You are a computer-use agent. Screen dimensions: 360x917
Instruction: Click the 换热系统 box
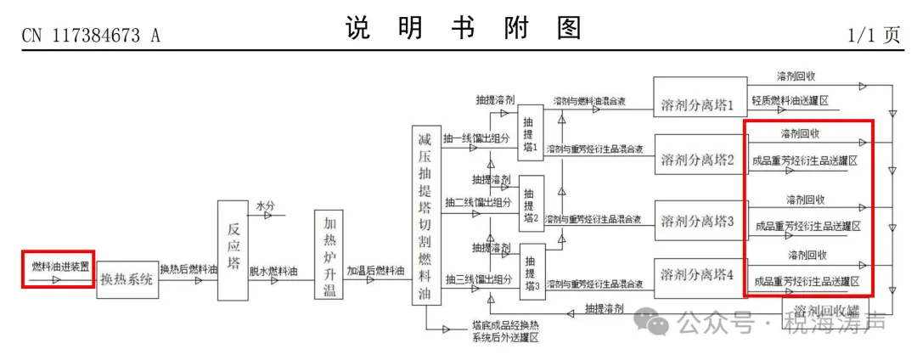(127, 279)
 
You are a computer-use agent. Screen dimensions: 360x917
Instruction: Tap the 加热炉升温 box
(329, 255)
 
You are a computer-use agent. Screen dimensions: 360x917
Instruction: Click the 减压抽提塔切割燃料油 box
(426, 217)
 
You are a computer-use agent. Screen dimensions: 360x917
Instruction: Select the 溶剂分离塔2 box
(698, 160)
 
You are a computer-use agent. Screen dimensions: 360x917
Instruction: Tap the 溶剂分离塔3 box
(698, 222)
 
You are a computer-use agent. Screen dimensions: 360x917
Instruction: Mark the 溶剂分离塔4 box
(698, 275)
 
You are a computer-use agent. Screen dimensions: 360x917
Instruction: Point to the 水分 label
(266, 205)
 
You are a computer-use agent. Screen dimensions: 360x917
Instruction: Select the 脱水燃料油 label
(273, 271)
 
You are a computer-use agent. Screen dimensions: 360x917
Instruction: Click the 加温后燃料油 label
(375, 271)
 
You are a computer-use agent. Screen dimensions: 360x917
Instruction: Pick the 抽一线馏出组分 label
(479, 138)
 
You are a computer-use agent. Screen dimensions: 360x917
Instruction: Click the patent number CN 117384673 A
(90, 36)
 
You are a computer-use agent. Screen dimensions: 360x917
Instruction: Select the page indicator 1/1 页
(873, 35)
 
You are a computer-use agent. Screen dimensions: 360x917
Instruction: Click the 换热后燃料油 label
(188, 271)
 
